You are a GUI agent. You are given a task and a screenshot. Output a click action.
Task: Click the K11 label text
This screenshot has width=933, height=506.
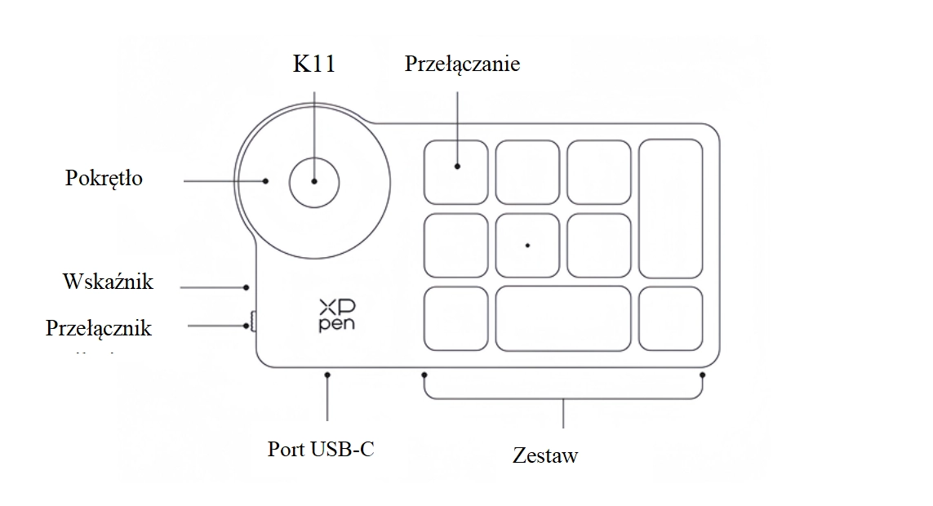(313, 65)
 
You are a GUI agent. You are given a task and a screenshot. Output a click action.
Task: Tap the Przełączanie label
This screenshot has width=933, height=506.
(462, 64)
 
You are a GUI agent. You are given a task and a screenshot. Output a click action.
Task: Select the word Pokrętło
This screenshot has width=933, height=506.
(104, 178)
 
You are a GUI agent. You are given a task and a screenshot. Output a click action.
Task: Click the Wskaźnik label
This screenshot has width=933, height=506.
(108, 282)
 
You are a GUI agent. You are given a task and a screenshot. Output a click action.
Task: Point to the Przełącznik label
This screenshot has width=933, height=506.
(99, 327)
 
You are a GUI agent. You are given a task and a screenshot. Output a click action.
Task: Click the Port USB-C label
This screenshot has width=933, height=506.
(321, 449)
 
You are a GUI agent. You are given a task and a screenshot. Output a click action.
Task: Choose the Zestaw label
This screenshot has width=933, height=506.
(545, 455)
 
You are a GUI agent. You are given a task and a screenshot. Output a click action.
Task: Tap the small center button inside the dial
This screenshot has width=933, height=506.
(313, 181)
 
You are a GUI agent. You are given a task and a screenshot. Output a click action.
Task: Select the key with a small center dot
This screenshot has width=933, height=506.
(527, 244)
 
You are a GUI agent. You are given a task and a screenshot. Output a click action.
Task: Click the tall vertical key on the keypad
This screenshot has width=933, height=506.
(670, 209)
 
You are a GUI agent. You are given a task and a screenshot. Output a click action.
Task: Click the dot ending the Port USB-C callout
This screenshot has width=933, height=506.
(327, 375)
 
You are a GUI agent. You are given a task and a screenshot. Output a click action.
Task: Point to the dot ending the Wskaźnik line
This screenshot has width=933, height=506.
(247, 286)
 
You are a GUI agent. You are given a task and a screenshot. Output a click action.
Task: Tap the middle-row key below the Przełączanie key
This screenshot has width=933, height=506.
(455, 244)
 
